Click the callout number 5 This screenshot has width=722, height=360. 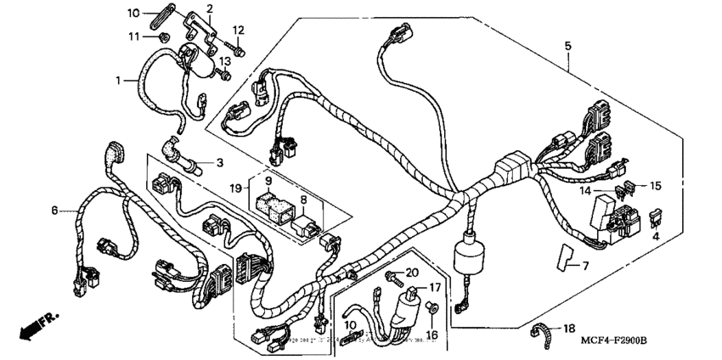(x=568, y=44)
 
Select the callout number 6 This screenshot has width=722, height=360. (x=55, y=210)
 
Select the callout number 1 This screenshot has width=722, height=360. (x=119, y=81)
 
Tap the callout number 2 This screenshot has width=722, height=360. (x=209, y=8)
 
